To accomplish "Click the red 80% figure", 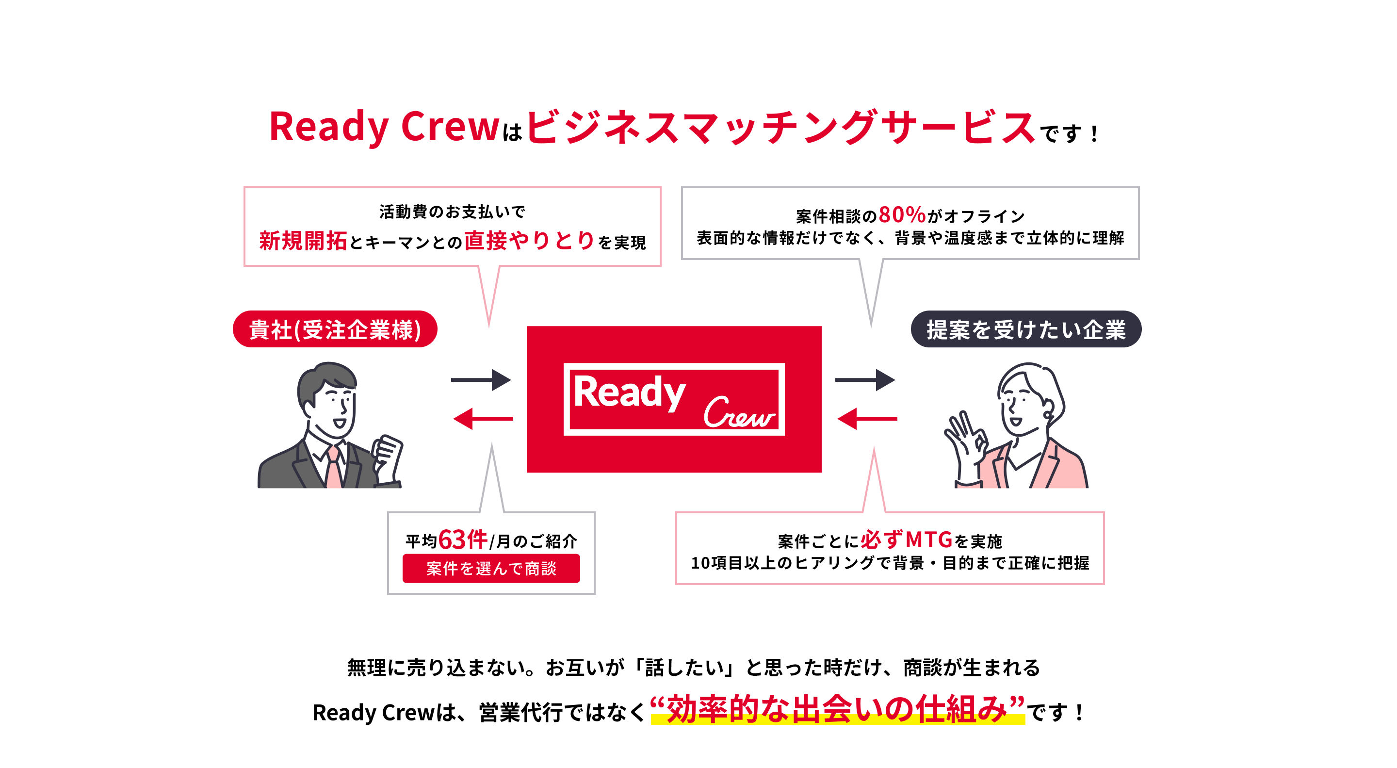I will [901, 215].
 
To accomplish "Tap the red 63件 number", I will [462, 539].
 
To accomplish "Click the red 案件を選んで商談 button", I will [491, 569].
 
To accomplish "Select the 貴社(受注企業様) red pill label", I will [335, 329].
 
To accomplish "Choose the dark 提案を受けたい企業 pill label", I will [1025, 329].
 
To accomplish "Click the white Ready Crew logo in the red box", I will [674, 399].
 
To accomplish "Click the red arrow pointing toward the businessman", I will [483, 419].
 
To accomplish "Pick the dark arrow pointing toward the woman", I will [864, 380].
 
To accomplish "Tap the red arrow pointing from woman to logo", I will [867, 419].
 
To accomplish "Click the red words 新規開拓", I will [303, 241].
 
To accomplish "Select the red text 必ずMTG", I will [906, 539].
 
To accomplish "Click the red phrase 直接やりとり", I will [529, 240].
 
